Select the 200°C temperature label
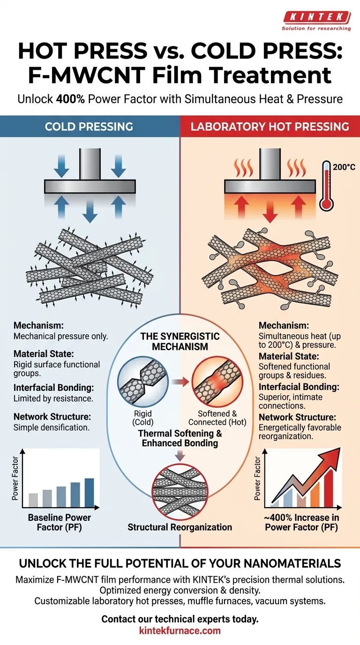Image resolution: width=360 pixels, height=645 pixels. point(344,166)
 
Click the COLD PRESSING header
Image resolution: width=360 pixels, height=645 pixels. point(89,127)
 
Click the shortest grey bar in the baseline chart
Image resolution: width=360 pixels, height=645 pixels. point(33,500)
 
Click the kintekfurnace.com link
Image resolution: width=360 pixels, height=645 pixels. point(180,630)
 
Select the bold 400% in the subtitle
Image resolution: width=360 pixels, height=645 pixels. point(71,99)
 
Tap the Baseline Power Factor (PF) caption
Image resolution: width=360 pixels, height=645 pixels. point(60,522)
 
